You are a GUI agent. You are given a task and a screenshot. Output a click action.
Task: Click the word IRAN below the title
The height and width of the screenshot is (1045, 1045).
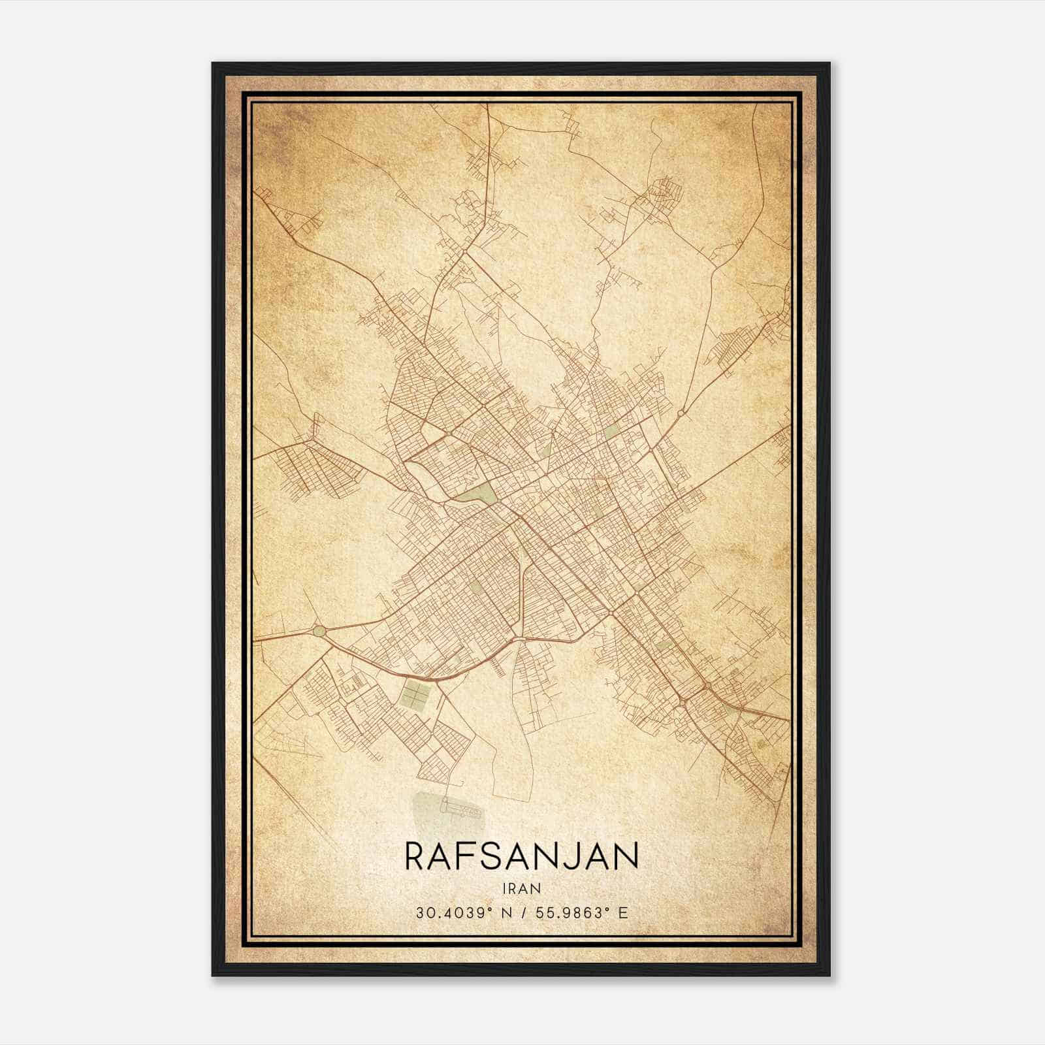tap(521, 888)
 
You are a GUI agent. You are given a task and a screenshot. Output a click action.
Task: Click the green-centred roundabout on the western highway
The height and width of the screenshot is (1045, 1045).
tap(319, 631)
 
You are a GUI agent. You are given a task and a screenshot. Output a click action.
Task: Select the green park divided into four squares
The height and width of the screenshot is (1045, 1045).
tap(413, 691)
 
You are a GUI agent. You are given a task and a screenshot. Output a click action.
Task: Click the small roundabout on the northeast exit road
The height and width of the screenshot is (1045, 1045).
tap(681, 413)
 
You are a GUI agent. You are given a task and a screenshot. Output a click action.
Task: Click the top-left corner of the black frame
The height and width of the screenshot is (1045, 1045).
tap(213, 63)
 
